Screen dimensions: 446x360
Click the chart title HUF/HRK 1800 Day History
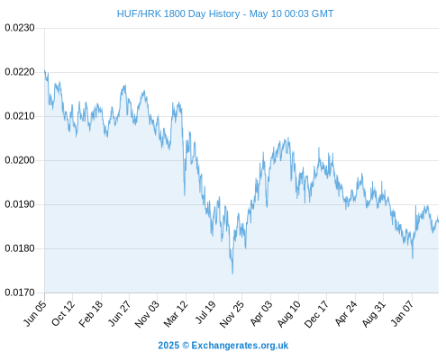pos(178,13)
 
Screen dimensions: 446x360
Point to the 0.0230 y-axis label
pos(20,28)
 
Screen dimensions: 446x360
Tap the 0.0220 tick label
pos(20,72)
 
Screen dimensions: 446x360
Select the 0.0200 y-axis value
pos(20,160)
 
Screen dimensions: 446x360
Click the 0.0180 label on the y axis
pos(20,248)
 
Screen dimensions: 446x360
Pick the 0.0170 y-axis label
pos(20,292)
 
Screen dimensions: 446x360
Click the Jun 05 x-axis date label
pos(35,313)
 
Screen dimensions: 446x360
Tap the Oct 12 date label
pos(63,313)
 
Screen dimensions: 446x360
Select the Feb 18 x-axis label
pos(91,313)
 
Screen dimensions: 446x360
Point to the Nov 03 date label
pos(147,314)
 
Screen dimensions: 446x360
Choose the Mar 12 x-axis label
pos(176,313)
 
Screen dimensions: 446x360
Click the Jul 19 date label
pos(206,312)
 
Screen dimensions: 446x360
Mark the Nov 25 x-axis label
pos(232,314)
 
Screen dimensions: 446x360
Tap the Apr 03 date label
pos(261,313)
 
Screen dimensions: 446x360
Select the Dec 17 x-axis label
pos(317,314)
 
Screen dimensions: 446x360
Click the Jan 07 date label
pos(403,313)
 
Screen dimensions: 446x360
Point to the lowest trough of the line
pos(232,274)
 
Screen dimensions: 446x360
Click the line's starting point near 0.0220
pos(45,70)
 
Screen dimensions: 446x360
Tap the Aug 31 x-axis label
pos(374,313)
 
